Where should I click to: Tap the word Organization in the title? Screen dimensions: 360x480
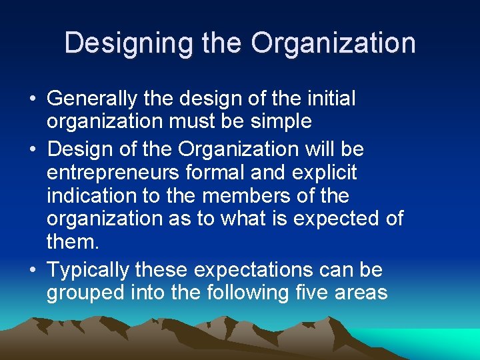click(333, 43)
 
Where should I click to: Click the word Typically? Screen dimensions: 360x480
click(88, 270)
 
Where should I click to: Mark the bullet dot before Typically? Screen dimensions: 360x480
click(33, 271)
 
